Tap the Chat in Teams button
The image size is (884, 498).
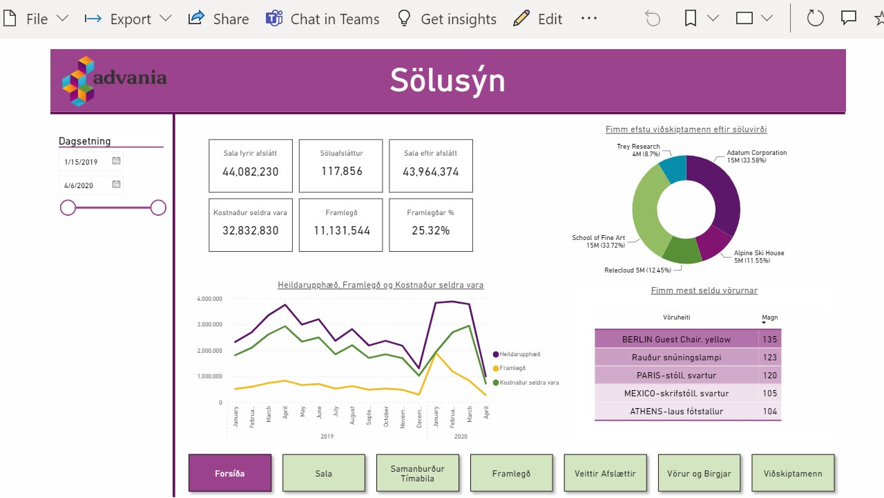click(x=323, y=19)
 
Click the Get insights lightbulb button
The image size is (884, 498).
click(x=447, y=19)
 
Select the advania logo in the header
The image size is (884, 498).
click(x=114, y=80)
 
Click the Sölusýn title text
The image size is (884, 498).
click(x=448, y=80)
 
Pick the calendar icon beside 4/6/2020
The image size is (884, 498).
click(x=117, y=185)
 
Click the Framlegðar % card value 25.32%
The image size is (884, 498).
click(x=431, y=230)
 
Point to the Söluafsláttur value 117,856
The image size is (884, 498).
click(x=341, y=171)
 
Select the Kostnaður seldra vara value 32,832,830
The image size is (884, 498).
click(x=251, y=230)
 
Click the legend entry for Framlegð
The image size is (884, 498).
click(x=512, y=368)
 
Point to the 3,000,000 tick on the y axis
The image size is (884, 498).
click(x=209, y=324)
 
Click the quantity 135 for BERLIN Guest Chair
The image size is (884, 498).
click(x=769, y=340)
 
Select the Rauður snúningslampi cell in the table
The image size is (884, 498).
click(x=676, y=358)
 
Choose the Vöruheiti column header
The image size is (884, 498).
click(x=676, y=317)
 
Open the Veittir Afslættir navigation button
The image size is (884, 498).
click(x=605, y=474)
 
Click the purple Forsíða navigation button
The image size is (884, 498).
click(x=230, y=474)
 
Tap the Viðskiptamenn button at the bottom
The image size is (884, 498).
click(x=793, y=474)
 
